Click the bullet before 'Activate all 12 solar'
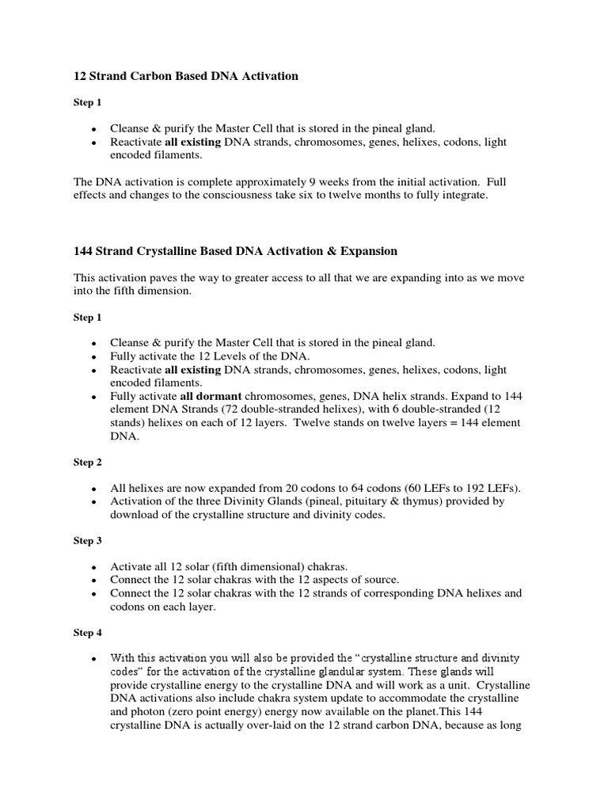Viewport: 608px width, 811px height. coord(94,566)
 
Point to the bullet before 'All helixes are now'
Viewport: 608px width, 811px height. coord(94,488)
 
